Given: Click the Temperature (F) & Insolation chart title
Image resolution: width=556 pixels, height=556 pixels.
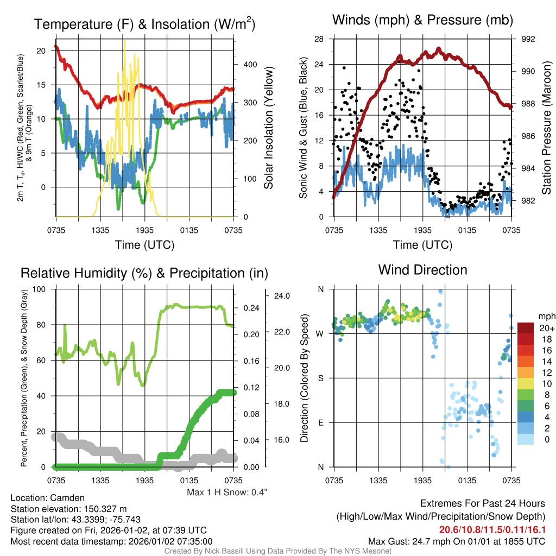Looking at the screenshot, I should [144, 24].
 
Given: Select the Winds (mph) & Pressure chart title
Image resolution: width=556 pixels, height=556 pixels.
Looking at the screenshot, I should [422, 21].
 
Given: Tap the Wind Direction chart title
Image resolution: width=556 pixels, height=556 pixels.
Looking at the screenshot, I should [422, 270].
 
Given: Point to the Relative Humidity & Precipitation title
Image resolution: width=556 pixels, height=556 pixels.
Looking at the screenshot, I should [144, 273].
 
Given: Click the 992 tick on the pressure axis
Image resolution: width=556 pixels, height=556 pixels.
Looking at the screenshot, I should [528, 39].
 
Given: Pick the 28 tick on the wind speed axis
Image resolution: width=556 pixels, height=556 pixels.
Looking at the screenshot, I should [319, 39].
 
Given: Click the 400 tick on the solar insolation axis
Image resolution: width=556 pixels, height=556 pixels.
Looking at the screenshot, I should [249, 64].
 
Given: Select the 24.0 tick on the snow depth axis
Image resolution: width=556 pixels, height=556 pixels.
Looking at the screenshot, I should [281, 296].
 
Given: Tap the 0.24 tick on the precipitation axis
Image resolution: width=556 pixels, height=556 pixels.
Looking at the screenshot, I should [249, 308].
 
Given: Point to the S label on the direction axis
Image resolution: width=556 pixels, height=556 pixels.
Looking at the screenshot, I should [320, 378].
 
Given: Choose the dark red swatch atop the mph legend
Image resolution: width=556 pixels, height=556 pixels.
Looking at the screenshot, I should [527, 328].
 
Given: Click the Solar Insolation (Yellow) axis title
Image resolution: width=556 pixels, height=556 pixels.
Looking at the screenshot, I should [268, 128].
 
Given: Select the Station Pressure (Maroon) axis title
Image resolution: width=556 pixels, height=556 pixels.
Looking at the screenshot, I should [547, 128].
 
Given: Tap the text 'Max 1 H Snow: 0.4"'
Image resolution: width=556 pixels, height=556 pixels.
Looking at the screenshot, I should [227, 492].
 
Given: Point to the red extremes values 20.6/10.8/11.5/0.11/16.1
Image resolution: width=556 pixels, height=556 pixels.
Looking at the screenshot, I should [492, 529].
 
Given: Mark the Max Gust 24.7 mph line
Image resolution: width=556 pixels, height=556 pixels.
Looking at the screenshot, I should [457, 541].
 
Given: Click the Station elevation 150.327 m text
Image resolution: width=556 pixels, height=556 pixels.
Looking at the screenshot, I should [68, 508].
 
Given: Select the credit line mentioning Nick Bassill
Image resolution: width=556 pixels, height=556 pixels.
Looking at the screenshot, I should [277, 551].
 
